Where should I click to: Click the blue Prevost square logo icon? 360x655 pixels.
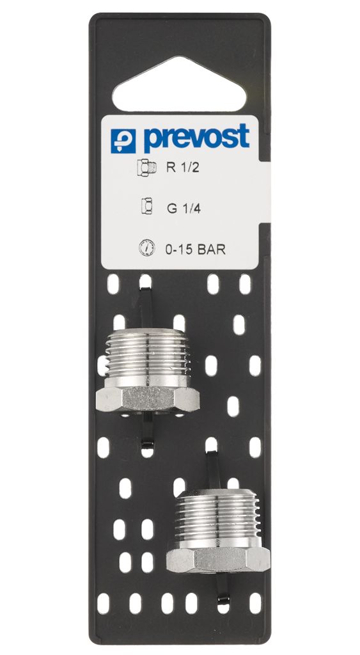tap(123, 141)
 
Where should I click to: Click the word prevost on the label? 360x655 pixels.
tap(196, 138)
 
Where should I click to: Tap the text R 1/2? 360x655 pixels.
tap(183, 168)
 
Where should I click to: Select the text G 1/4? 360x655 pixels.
tap(184, 208)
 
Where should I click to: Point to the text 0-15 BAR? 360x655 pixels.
tap(196, 250)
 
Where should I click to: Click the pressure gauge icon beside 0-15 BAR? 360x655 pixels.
tap(146, 248)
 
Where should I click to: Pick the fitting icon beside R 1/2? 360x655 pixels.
tap(146, 168)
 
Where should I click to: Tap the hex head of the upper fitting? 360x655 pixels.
tap(148, 399)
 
